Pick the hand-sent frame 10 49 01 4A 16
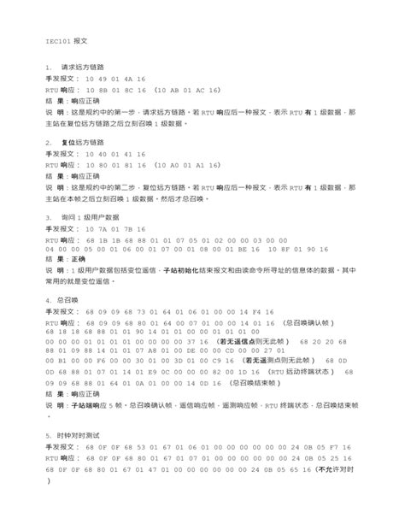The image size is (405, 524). click(115, 78)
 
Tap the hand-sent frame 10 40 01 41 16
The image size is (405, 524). click(115, 153)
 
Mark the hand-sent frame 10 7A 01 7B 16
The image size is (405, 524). click(115, 228)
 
